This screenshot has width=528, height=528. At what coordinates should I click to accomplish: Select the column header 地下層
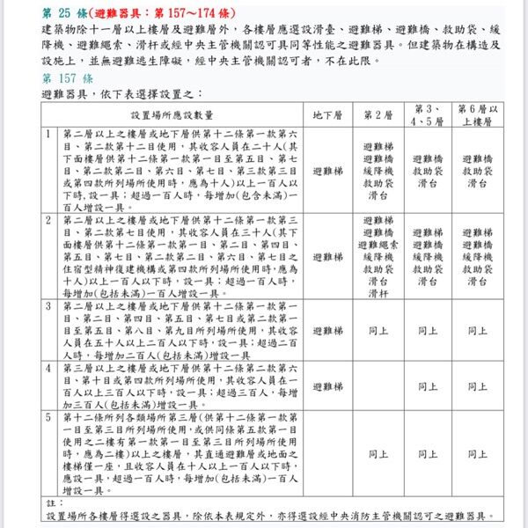(x=327, y=115)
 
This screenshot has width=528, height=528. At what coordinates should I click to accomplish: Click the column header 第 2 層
(x=378, y=115)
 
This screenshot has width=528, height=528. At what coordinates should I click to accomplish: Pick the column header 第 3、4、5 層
(x=428, y=115)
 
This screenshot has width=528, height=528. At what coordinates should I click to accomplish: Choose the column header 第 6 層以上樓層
(x=477, y=115)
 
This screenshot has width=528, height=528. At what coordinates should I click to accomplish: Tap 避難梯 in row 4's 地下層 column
(x=327, y=386)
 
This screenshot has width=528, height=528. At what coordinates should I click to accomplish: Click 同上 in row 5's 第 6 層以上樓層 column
(x=477, y=454)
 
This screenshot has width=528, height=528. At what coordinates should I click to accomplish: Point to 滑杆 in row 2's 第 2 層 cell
(x=378, y=294)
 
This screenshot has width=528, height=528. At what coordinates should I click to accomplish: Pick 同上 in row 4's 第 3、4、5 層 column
(x=428, y=386)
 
